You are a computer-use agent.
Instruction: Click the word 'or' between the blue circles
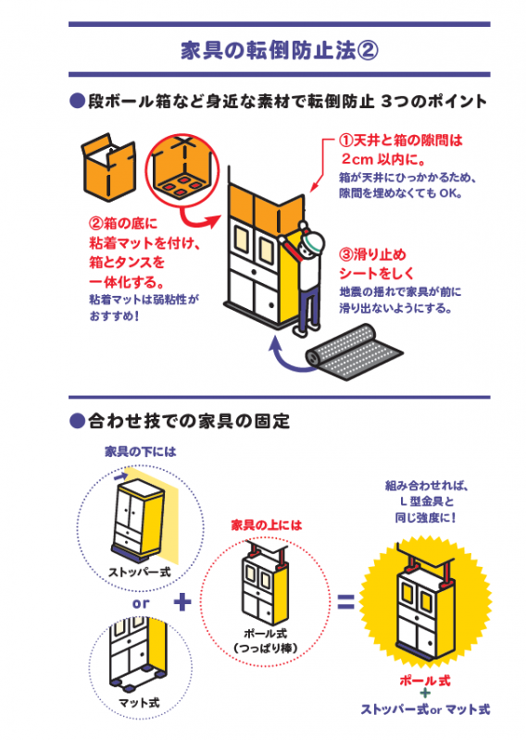pos(140,603)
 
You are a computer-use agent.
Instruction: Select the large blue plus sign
pos(183,602)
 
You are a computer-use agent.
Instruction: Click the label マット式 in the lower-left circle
pos(140,703)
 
